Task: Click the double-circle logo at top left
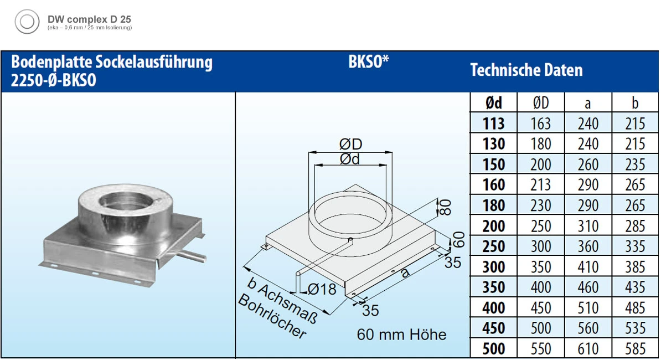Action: coord(27,23)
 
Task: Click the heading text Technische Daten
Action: coord(526,70)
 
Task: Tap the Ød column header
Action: coord(493,102)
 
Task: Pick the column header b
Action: coord(635,102)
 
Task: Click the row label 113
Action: coord(493,124)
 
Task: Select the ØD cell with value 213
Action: coord(540,185)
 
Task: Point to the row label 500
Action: coord(493,349)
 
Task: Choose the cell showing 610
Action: coord(588,349)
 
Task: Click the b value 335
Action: coord(635,246)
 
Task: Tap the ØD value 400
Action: coord(540,287)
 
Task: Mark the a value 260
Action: coord(588,164)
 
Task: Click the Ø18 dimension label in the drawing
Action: coord(322,289)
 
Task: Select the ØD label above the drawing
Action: coord(350,144)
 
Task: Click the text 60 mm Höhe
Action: coord(401,335)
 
